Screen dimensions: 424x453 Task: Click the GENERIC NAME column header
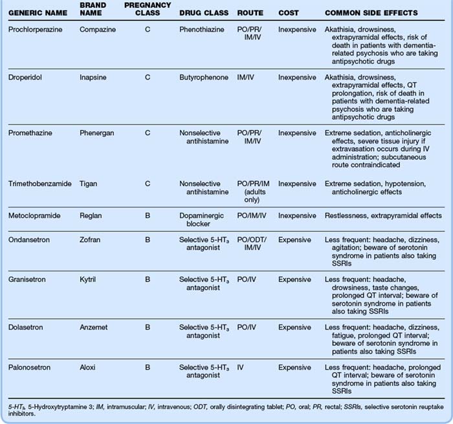point(34,14)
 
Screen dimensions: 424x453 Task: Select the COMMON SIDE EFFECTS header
point(371,14)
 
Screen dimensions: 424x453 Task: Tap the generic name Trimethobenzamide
point(39,184)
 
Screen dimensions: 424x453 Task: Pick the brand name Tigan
point(91,184)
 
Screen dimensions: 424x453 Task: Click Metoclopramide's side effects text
point(383,215)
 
